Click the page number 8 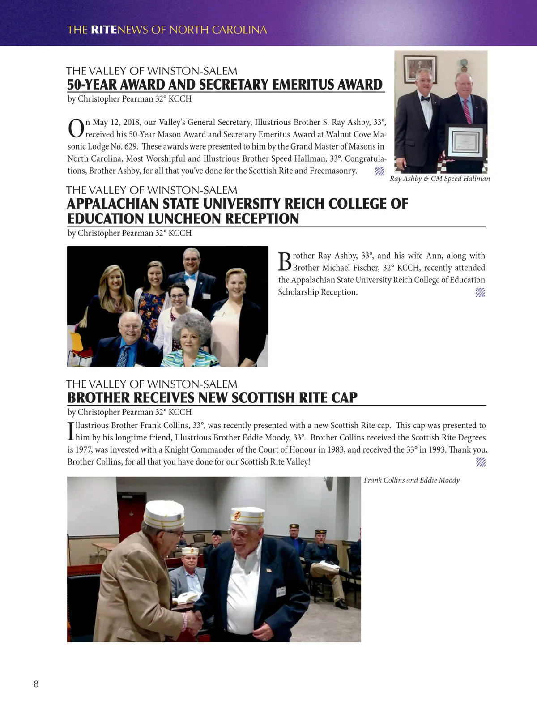point(36,684)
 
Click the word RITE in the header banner point(103,30)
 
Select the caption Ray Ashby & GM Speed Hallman point(439,179)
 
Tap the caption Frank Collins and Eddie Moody point(411,480)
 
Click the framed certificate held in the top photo point(466,142)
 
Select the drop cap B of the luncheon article point(285,261)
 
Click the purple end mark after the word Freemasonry point(379,171)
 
